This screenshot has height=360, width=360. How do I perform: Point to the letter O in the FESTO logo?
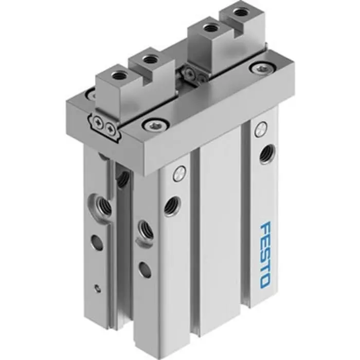click(263, 281)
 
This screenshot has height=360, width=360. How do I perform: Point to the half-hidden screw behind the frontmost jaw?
click(91, 94)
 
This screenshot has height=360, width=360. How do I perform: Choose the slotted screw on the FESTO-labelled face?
click(261, 131)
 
